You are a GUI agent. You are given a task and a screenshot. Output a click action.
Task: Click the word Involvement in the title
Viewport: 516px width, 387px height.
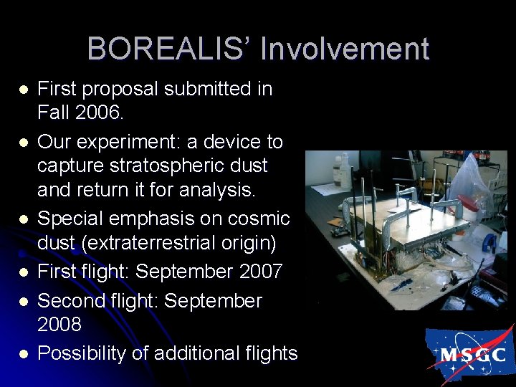pos(345,49)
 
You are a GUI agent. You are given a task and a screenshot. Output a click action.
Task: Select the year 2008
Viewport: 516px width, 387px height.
pos(59,324)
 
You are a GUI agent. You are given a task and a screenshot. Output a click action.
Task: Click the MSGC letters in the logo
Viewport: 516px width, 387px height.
pos(472,354)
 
